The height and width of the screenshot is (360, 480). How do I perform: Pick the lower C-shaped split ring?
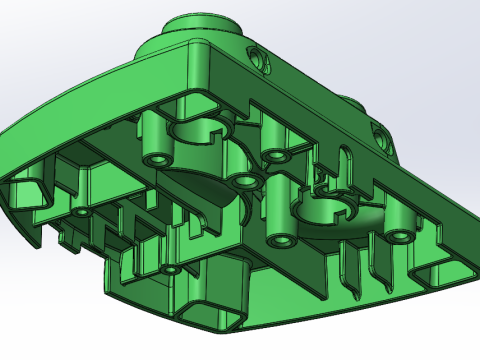coord(330,209)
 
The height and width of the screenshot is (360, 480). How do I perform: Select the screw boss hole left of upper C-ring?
coord(157,159)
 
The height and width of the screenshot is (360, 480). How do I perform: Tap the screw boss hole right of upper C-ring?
coord(274,154)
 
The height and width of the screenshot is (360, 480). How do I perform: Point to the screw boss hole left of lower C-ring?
coord(279,241)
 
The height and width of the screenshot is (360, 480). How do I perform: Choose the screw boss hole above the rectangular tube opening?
coord(170,270)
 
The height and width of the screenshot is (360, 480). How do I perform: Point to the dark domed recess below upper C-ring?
coord(205,185)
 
